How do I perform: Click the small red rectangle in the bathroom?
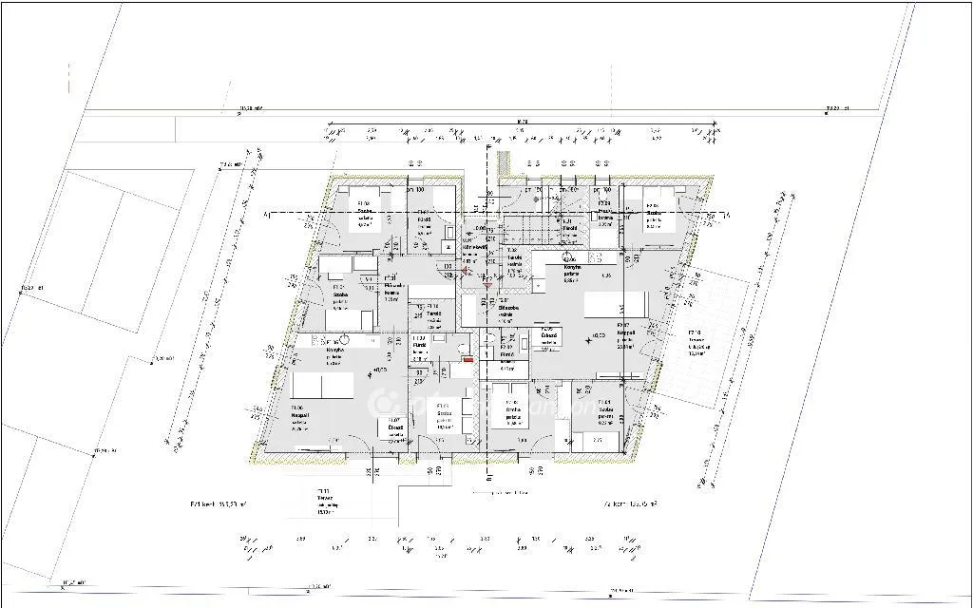point(467,360)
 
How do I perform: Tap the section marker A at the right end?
point(726,216)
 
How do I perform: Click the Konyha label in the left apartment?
point(334,349)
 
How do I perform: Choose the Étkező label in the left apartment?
point(395,428)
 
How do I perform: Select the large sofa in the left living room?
point(322,385)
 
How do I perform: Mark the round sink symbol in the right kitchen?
point(568,256)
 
